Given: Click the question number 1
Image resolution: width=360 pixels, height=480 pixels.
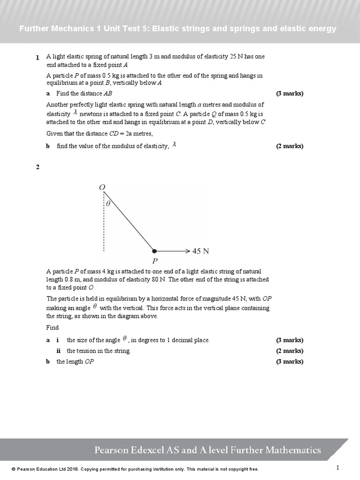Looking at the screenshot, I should (37, 58).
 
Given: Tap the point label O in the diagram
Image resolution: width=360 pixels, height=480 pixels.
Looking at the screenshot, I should (102, 187).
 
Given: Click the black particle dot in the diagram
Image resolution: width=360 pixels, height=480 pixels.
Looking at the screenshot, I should (155, 251).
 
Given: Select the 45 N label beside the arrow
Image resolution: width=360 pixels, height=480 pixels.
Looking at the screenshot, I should (201, 251).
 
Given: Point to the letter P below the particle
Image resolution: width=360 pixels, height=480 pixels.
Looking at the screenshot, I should (155, 261).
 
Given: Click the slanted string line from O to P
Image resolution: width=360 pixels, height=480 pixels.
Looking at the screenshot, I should (129, 220).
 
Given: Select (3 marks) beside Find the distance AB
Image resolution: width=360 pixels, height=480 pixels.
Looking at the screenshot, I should (290, 93).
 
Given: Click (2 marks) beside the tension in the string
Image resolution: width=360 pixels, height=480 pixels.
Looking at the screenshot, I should (290, 351).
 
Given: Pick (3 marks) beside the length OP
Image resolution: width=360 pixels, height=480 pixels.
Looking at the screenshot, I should (290, 361).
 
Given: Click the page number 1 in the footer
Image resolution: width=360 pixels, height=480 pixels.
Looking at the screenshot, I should (337, 467).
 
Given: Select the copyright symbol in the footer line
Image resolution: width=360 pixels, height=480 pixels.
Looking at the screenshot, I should (14, 469).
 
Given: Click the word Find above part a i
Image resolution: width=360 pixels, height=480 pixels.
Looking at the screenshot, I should (52, 328).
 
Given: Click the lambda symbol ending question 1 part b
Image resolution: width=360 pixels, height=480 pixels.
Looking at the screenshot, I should (174, 145).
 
